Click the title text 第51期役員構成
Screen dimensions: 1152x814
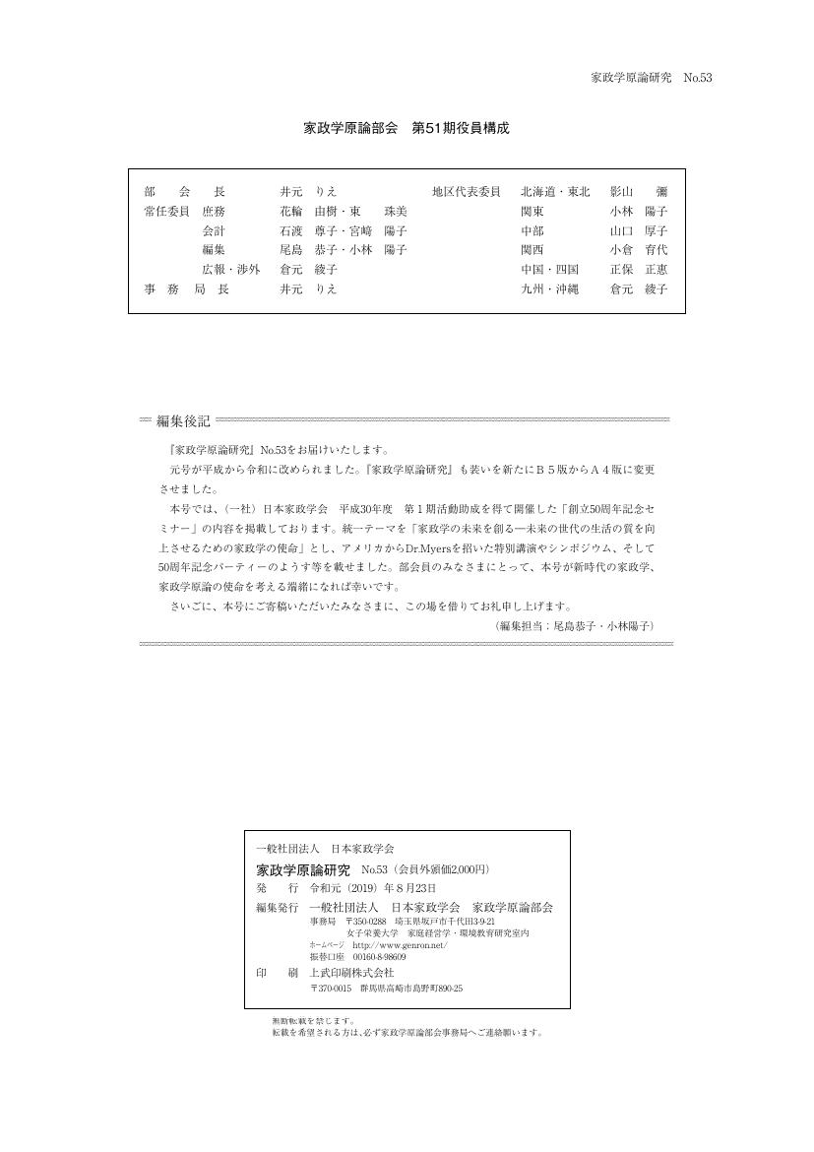[x=460, y=129]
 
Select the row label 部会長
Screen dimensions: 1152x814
[x=184, y=192]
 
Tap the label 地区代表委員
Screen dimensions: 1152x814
[x=467, y=192]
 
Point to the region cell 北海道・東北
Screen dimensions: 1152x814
[x=555, y=192]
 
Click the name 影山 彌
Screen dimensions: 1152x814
[x=638, y=192]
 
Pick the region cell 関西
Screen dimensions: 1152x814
[x=532, y=250]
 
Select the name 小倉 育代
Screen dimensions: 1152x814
[x=638, y=250]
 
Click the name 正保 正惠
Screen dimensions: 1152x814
[x=638, y=270]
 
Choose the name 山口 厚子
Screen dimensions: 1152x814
[x=638, y=231]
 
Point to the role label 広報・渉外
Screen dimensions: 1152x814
[x=231, y=270]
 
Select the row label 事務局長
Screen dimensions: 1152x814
[x=184, y=289]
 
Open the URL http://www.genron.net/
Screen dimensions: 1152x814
[x=400, y=945]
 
